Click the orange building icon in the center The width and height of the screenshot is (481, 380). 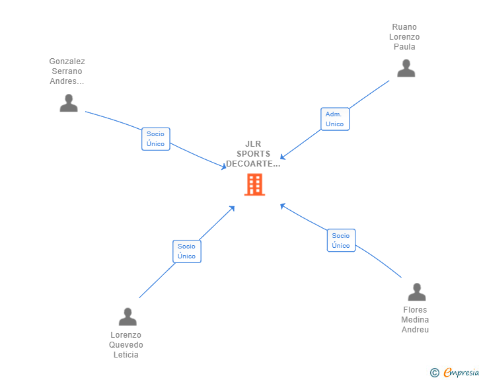point(254,184)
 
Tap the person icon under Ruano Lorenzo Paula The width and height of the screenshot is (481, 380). point(406,68)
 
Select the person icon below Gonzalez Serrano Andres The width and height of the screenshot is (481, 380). point(69,103)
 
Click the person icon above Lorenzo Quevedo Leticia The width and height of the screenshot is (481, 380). point(128,317)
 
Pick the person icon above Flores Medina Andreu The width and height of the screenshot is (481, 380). point(416,292)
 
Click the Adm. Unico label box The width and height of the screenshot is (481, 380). point(335,119)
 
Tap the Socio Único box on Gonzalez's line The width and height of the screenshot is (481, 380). point(155,139)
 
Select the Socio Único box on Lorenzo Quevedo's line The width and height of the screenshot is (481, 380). point(187,251)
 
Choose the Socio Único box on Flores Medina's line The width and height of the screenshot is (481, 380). point(341,241)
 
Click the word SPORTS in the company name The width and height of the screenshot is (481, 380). point(254,154)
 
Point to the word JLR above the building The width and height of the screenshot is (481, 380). point(253,143)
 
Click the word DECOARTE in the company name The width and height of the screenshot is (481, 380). point(249,164)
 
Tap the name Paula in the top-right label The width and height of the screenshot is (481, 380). point(404,47)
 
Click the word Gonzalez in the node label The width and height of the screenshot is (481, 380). point(67,61)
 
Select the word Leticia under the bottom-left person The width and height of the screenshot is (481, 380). point(126,355)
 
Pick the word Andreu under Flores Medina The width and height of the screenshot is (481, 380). point(415,330)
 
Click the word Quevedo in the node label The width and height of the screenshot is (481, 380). point(126,345)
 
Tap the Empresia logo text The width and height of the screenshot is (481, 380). point(461,372)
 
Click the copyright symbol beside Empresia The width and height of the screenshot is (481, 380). point(434,373)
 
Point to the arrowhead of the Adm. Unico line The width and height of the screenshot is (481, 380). point(283,157)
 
